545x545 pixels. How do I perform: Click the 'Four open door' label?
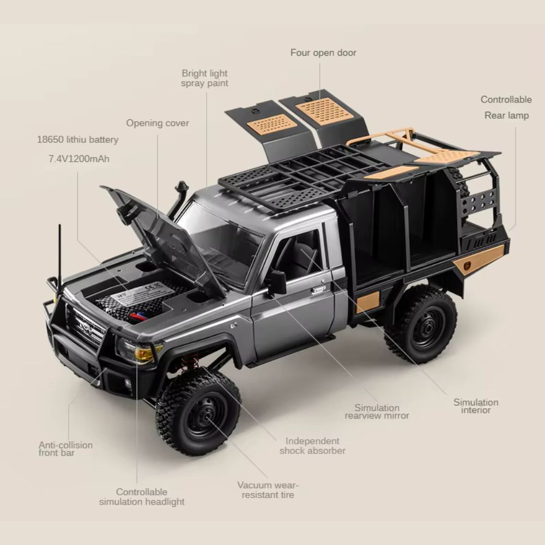(x=323, y=53)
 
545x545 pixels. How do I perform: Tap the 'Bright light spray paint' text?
(x=205, y=78)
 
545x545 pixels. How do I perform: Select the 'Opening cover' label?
(x=158, y=123)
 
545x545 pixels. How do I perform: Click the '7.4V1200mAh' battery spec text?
(x=79, y=159)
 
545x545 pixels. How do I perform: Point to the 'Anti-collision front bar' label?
(x=65, y=449)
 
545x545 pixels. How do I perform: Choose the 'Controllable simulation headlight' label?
(x=142, y=496)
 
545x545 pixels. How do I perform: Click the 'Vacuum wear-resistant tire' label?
(x=268, y=490)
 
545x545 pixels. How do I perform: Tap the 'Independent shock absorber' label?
(x=312, y=446)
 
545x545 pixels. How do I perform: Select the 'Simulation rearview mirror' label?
(x=377, y=411)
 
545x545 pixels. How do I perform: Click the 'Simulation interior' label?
(x=476, y=406)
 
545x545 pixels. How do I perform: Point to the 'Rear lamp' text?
(x=506, y=116)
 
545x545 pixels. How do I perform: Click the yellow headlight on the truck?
(x=144, y=353)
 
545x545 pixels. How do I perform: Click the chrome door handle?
(x=318, y=289)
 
